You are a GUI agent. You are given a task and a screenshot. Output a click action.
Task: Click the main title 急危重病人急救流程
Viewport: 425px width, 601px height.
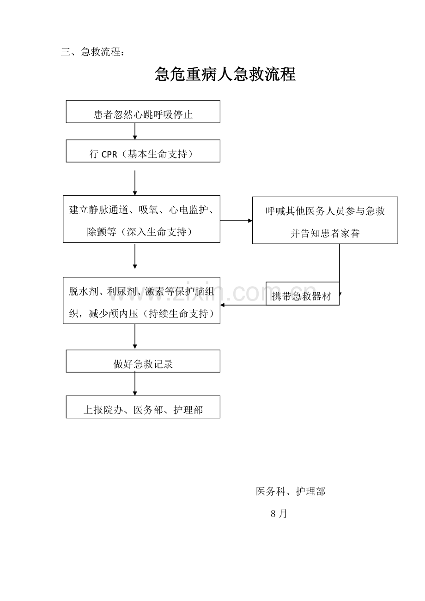(225, 74)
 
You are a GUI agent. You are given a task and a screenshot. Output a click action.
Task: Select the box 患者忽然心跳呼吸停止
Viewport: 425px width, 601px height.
(143, 112)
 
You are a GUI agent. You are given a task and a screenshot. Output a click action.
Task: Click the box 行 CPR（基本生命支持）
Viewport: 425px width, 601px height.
(143, 151)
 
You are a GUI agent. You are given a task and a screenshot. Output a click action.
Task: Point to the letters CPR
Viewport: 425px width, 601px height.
(109, 155)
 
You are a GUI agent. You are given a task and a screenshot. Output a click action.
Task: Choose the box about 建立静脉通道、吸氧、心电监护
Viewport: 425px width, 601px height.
(141, 219)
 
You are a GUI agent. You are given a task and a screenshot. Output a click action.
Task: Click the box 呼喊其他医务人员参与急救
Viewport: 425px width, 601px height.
(325, 220)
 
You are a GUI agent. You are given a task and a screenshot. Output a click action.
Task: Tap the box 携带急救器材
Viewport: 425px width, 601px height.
(303, 293)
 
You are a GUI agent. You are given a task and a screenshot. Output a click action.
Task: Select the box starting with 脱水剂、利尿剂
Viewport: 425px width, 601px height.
(141, 300)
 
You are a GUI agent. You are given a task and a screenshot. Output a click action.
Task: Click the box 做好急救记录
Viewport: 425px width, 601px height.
(143, 361)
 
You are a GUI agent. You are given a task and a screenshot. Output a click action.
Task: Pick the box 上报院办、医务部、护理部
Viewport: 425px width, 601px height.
(143, 407)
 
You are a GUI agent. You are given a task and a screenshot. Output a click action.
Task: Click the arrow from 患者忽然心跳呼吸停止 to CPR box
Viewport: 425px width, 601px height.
(135, 131)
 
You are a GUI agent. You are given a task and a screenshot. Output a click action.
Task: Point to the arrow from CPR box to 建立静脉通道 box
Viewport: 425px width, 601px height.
(135, 183)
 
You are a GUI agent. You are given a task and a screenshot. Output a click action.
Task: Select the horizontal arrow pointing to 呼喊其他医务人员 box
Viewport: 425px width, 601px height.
(236, 221)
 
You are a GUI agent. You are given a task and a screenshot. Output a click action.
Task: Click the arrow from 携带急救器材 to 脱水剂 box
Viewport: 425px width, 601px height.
(243, 305)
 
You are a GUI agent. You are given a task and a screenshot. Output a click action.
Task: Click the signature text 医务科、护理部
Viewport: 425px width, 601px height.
(291, 492)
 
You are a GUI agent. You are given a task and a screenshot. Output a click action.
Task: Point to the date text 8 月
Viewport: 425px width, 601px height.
(279, 514)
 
